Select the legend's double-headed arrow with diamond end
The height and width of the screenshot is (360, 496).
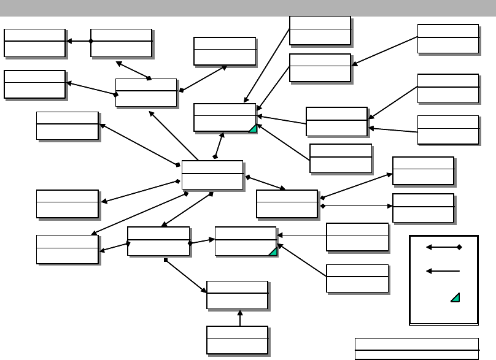click(x=443, y=247)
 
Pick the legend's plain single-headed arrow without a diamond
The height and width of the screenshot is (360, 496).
click(x=443, y=270)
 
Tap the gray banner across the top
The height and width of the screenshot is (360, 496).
click(x=248, y=7)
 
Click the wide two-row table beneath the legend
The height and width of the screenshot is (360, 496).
click(x=417, y=348)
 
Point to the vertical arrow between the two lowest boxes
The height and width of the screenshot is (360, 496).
click(x=239, y=318)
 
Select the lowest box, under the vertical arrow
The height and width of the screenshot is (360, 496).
click(x=237, y=340)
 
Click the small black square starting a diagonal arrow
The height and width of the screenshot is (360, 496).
click(x=166, y=261)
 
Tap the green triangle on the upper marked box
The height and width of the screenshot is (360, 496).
click(x=252, y=128)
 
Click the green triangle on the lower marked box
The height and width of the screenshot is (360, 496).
click(x=273, y=251)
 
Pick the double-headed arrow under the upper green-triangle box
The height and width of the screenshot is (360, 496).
click(x=219, y=146)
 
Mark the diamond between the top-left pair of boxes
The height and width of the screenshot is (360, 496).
click(x=91, y=41)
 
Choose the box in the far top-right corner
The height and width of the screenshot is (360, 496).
click(x=448, y=39)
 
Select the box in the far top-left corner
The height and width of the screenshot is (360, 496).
click(x=34, y=42)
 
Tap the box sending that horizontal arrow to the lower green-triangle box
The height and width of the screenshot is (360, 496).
click(x=357, y=237)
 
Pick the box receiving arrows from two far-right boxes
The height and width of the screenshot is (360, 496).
click(x=336, y=121)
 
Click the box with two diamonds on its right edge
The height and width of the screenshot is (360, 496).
click(x=287, y=204)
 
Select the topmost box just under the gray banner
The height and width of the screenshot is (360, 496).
click(x=320, y=30)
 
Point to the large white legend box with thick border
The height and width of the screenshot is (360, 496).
click(x=443, y=279)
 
